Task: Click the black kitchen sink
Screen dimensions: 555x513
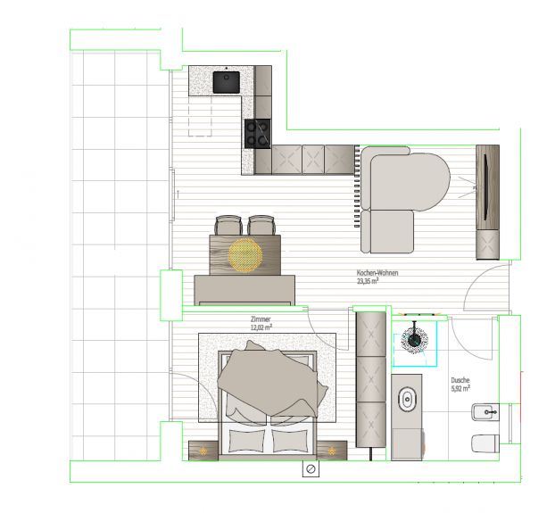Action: [x=227, y=82]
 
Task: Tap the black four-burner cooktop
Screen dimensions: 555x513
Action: [x=258, y=134]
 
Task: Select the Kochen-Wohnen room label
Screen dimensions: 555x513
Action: [x=377, y=273]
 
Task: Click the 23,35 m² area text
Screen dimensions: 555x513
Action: [x=368, y=281]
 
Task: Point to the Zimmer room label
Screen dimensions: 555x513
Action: [x=261, y=319]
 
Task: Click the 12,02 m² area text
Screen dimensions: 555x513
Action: [x=261, y=327]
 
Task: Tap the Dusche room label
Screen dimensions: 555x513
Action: [x=460, y=380]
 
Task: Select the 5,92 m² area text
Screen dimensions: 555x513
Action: [x=460, y=388]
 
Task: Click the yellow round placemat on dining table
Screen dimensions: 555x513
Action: [x=245, y=255]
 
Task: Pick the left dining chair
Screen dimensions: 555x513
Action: [x=228, y=225]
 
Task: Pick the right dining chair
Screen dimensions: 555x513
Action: [x=261, y=225]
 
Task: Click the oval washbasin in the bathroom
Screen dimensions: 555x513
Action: [x=408, y=400]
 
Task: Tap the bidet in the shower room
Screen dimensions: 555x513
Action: [x=485, y=412]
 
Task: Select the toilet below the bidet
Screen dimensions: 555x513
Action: [x=485, y=443]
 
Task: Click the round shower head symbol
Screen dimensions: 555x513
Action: [x=414, y=340]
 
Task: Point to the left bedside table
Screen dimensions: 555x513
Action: [x=203, y=451]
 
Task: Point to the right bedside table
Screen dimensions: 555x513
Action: [x=332, y=451]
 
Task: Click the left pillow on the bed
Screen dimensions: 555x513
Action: [x=246, y=441]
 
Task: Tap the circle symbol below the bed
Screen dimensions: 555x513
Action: [x=311, y=469]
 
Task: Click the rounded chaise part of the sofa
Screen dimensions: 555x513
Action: [x=410, y=181]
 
